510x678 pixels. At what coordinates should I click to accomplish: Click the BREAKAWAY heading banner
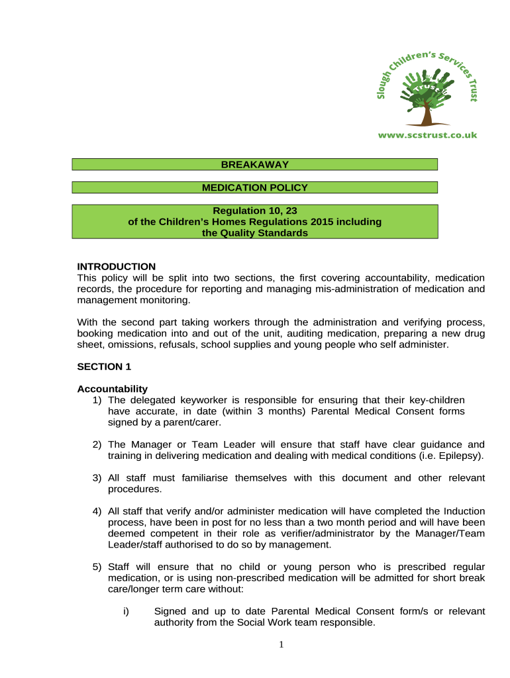pos(254,164)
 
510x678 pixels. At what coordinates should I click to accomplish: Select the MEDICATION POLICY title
pos(254,188)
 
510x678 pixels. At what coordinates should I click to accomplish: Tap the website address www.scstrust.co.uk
pos(427,135)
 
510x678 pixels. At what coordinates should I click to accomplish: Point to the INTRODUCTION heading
pos(116,267)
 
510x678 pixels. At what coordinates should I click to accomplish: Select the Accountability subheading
pos(112,389)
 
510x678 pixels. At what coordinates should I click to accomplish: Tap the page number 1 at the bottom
pos(281,645)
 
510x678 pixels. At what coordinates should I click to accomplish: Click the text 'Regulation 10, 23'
pos(254,211)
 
